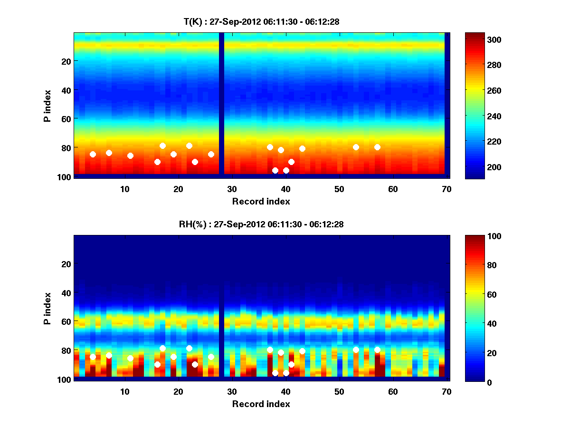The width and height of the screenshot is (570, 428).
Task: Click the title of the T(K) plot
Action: [x=261, y=21]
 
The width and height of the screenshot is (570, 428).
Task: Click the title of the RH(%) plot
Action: [x=261, y=224]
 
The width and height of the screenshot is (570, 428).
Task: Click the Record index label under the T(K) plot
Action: [x=261, y=201]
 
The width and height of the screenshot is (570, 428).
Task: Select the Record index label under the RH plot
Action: [x=261, y=404]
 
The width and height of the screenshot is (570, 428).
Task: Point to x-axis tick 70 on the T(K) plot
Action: [x=446, y=189]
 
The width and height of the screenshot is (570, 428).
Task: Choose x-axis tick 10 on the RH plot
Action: [x=124, y=391]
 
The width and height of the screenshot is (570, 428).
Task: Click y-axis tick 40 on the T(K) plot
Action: [x=65, y=90]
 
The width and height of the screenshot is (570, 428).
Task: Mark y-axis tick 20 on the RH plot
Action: [x=65, y=264]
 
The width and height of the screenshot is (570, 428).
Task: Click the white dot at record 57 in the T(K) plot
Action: [x=377, y=147]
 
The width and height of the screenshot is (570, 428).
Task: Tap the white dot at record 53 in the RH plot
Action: [x=356, y=350]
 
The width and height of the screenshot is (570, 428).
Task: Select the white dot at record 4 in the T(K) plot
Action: [x=93, y=154]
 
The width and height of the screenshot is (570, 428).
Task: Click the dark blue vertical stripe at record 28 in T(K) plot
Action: [x=221, y=103]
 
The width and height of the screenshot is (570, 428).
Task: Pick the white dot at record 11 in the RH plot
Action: [x=130, y=358]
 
